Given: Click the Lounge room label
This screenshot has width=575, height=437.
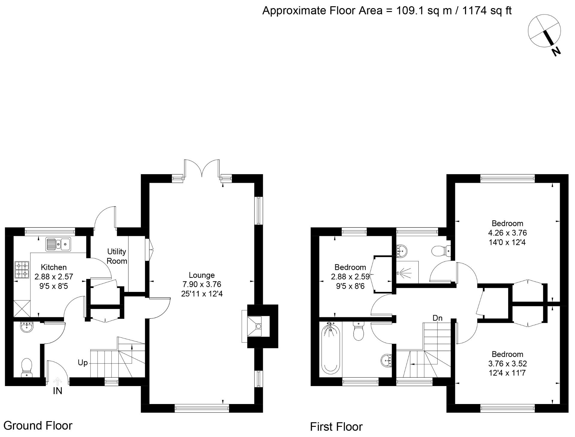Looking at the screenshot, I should point(202,275).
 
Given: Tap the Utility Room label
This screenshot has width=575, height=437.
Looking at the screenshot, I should point(116,256).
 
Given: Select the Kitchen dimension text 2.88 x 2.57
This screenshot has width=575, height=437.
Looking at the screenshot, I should point(54,277).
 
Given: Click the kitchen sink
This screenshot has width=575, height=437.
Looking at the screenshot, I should point(58,244).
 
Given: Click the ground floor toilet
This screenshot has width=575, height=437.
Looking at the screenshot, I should point(27,367).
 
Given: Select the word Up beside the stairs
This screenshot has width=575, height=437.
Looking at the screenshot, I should point(83,363).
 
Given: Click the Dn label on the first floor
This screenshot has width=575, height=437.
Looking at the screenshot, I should point(438,318).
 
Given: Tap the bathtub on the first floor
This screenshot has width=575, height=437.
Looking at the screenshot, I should point(331,349).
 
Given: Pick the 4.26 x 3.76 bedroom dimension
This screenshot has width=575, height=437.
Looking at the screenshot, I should point(507,233).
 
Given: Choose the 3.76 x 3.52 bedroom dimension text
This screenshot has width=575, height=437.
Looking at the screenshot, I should point(507,364).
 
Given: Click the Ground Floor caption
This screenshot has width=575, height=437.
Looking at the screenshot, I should point(38,426).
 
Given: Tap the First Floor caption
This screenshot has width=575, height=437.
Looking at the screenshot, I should point(336,427).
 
